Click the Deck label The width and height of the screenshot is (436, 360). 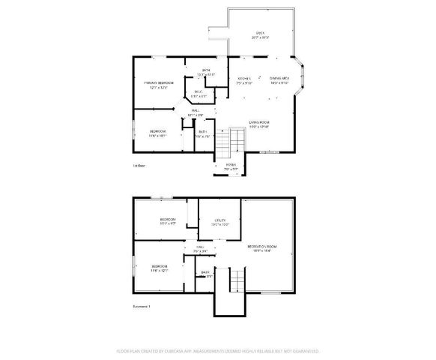point(261,34)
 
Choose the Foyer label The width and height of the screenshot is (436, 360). point(231,166)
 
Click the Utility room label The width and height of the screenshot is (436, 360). point(219,222)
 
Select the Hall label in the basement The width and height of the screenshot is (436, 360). point(200,248)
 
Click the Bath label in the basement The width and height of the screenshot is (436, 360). point(205,274)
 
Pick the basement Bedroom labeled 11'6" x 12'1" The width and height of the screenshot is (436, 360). point(160,268)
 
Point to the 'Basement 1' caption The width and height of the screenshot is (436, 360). point(142,306)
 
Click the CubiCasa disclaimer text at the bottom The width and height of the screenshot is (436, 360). point(218,350)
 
